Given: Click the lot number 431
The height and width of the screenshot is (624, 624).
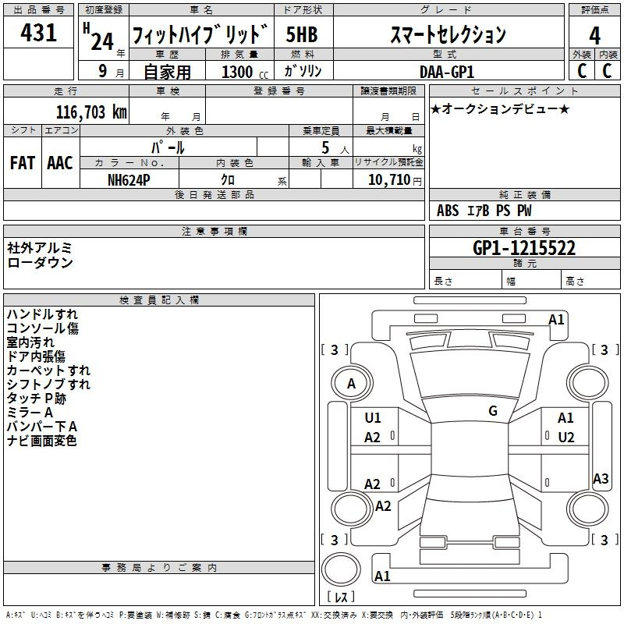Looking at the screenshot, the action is [x=38, y=33].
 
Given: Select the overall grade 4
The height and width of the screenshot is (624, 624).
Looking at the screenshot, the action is [x=594, y=36].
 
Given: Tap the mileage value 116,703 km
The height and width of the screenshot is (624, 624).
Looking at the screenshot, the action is [x=91, y=112].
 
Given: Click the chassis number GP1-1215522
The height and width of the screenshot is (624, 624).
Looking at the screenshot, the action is [x=524, y=248].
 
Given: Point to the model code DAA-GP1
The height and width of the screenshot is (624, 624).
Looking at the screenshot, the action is [x=447, y=72].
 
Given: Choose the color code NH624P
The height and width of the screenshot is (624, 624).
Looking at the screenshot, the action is [x=129, y=180].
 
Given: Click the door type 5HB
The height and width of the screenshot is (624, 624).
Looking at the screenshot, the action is [x=302, y=34].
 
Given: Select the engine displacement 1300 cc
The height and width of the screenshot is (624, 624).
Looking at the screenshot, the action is [x=245, y=72].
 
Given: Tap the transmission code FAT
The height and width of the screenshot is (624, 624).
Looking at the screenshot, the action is [x=23, y=163].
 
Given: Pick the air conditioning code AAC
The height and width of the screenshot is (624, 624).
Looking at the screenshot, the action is [x=60, y=163].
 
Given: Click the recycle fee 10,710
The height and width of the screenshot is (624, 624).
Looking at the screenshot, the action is [x=389, y=180].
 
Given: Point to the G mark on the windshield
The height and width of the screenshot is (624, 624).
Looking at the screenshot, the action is [x=493, y=411].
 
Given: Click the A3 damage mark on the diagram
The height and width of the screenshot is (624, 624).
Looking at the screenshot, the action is [x=601, y=478].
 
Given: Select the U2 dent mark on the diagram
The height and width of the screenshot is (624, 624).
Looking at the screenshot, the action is [x=566, y=438].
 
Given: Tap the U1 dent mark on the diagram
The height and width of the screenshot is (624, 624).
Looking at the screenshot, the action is [x=373, y=418].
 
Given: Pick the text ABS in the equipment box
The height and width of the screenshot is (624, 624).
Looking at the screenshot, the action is [x=448, y=211].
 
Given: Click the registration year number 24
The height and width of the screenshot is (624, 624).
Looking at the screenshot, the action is [x=102, y=41].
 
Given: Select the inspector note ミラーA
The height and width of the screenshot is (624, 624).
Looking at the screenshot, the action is [x=30, y=413].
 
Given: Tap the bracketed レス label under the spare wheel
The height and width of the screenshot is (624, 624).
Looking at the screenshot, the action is [x=341, y=596].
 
